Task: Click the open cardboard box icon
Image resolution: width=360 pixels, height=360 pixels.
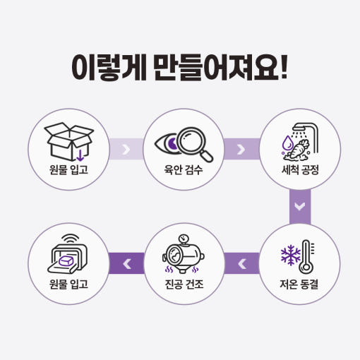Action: [x=68, y=142]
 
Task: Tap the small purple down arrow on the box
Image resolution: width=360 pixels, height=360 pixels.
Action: [x=80, y=156]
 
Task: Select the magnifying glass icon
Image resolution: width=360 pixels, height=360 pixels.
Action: [x=195, y=144]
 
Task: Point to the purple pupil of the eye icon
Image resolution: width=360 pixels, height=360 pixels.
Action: [x=173, y=144]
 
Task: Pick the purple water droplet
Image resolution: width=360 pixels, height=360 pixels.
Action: [x=288, y=142]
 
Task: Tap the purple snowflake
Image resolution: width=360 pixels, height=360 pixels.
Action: [x=291, y=255]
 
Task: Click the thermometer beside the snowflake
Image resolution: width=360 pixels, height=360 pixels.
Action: [x=306, y=257]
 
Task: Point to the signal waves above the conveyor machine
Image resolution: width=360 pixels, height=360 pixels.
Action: [x=70, y=239]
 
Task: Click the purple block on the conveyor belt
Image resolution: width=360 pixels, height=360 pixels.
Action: [x=66, y=261]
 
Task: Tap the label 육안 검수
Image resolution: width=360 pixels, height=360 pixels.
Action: [x=184, y=169]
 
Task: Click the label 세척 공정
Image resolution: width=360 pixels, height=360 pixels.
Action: [x=300, y=169]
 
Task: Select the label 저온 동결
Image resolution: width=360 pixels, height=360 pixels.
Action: [x=299, y=284]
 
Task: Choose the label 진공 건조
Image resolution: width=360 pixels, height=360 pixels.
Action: [x=184, y=284]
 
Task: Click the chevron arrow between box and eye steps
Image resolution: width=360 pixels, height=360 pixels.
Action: [x=126, y=149]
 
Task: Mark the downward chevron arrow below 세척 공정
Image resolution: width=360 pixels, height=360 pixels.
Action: [x=300, y=206]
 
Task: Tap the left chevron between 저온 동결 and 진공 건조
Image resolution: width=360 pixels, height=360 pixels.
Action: [x=242, y=264]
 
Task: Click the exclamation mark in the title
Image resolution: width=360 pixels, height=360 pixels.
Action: [x=284, y=67]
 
